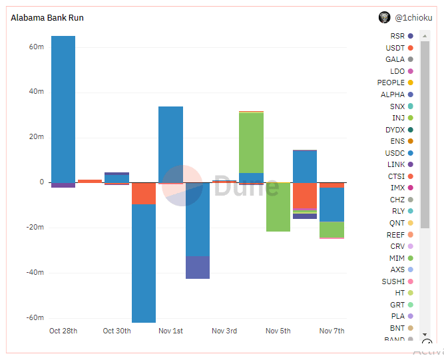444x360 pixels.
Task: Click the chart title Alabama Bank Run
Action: pos(47,17)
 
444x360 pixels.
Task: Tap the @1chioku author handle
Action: pos(413,17)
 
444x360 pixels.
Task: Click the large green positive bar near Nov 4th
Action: pos(251,142)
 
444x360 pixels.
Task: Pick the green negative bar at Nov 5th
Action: pos(278,207)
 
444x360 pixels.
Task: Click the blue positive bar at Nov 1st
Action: pos(170,144)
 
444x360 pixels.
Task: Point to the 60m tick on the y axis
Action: pos(35,47)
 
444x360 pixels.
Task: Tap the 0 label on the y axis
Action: pos(41,182)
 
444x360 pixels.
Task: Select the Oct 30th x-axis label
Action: pos(117,331)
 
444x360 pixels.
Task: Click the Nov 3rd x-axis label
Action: pos(224,331)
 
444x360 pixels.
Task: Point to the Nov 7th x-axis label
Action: pos(332,331)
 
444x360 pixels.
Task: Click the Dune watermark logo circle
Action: pos(182,185)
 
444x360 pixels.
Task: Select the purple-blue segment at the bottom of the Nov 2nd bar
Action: pos(197,268)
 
